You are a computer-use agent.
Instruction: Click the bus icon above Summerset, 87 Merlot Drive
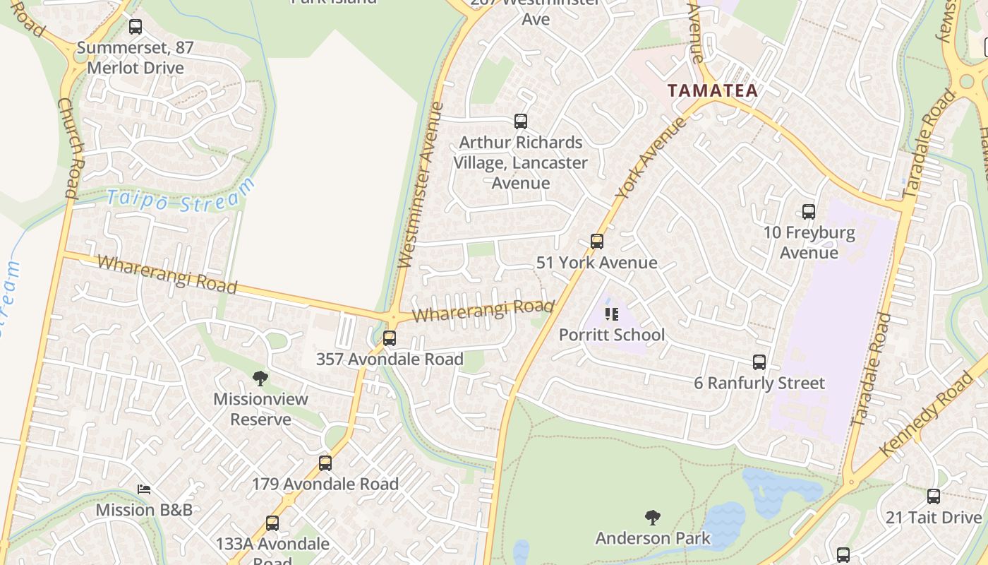135,27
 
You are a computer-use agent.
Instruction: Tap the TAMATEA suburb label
713,90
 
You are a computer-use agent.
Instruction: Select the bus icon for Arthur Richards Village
521,121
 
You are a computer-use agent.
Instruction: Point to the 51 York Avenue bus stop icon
597,242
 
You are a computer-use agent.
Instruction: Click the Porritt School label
612,335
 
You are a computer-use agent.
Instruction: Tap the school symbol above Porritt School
612,314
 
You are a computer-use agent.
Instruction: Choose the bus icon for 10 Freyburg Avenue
809,211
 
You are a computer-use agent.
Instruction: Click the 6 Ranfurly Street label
759,383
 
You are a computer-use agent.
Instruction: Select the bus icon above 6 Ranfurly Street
759,362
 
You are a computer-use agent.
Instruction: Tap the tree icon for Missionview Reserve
260,379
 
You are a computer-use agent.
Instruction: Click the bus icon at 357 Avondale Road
390,338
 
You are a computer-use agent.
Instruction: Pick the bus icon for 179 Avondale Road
325,463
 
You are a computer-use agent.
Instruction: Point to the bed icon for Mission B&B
144,489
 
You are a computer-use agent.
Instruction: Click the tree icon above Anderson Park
653,518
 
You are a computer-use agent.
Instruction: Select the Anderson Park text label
653,538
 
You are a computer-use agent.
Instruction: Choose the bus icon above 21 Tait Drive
934,496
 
